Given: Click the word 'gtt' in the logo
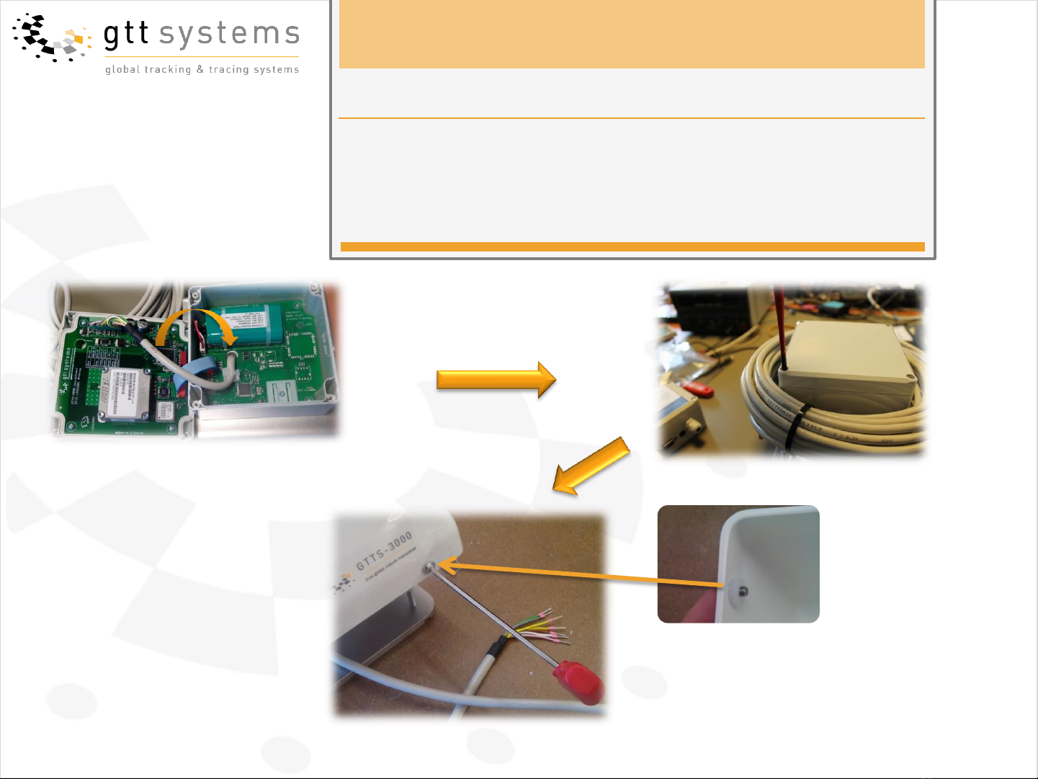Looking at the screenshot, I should pyautogui.click(x=126, y=35).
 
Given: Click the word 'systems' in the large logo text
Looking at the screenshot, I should pyautogui.click(x=229, y=35).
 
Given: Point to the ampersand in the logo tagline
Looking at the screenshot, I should pyautogui.click(x=200, y=70).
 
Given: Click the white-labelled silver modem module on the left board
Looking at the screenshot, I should pyautogui.click(x=125, y=393).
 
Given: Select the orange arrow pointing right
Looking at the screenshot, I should pyautogui.click(x=496, y=380).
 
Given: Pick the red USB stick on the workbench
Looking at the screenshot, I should pyautogui.click(x=699, y=389).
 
